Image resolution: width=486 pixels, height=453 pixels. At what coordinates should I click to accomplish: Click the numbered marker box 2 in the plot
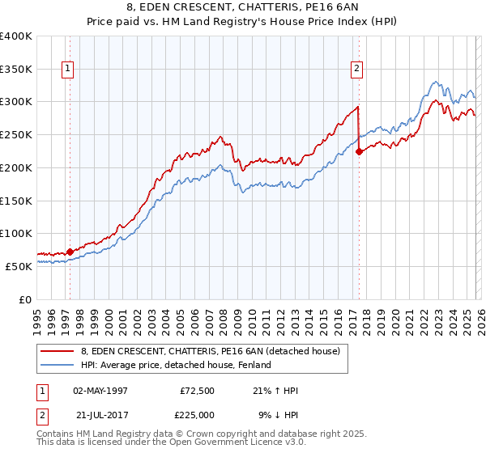click(x=356, y=70)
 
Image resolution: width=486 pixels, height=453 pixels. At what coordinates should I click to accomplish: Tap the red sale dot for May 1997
click(x=70, y=252)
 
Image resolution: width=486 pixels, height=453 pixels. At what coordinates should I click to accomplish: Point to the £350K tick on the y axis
click(x=16, y=70)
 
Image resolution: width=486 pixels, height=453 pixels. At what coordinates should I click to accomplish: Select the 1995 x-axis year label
click(x=37, y=315)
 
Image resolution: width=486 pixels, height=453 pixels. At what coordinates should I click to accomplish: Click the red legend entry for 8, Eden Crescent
click(x=215, y=351)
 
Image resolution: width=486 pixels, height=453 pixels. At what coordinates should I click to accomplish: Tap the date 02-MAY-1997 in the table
click(x=100, y=391)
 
